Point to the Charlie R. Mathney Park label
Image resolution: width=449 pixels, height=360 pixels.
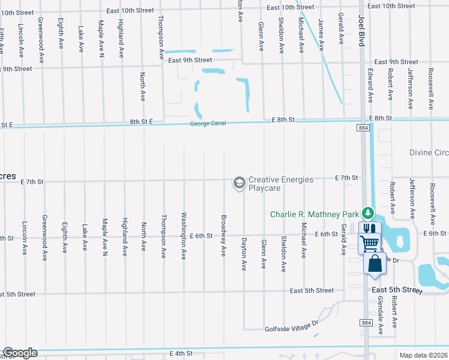(x=314, y=214)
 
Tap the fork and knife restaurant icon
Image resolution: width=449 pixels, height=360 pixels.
(x=369, y=229)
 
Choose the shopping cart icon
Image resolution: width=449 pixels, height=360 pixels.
(x=369, y=243)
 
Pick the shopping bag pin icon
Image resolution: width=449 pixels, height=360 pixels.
(x=374, y=263)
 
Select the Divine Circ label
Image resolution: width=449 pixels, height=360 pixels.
(x=429, y=152)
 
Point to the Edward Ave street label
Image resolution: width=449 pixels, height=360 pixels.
(x=370, y=88)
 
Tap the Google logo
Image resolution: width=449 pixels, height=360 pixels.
(x=20, y=353)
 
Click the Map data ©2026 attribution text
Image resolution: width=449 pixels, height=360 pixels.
(x=424, y=355)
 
